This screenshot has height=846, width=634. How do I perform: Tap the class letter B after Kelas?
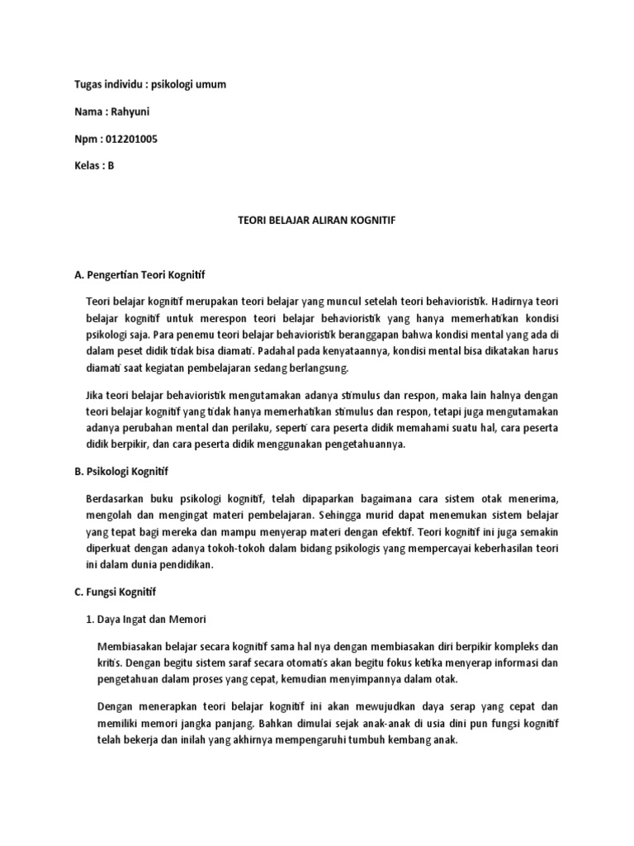click(x=111, y=166)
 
